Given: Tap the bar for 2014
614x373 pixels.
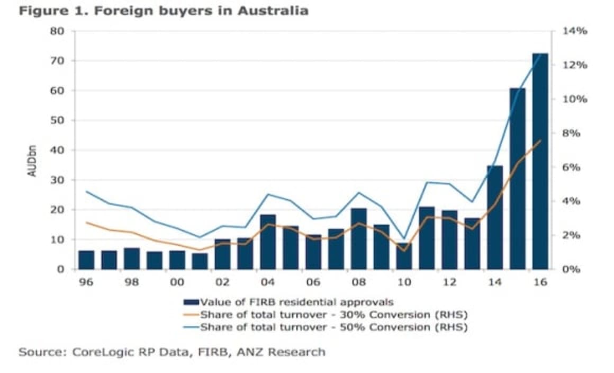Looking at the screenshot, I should coord(494,217).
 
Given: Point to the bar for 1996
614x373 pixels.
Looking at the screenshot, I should coord(86,260).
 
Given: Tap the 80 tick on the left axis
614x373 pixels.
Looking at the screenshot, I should coord(58,31).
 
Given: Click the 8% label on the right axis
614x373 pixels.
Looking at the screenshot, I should coord(572,134).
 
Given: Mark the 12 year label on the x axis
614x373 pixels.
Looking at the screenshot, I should coord(449,282).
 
